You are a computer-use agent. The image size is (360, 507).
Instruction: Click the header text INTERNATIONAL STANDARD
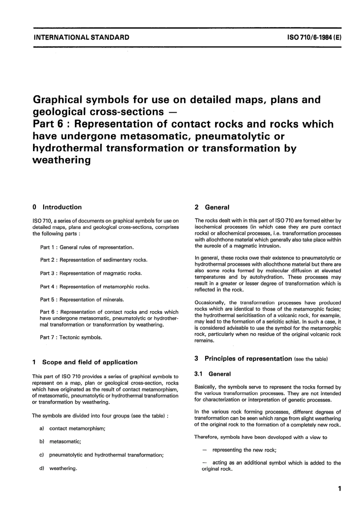pyautogui.click(x=81, y=38)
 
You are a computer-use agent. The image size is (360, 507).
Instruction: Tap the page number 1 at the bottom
pyautogui.click(x=340, y=488)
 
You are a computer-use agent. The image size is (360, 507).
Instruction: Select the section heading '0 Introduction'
pyautogui.click(x=57, y=207)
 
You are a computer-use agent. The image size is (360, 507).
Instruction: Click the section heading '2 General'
pyautogui.click(x=212, y=207)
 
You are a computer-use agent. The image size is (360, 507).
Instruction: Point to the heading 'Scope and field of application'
pyautogui.click(x=89, y=362)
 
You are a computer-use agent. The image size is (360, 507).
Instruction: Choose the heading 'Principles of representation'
pyautogui.click(x=248, y=358)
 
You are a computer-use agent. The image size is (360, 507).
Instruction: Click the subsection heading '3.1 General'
pyautogui.click(x=213, y=374)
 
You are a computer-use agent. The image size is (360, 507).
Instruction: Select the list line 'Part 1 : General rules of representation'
pyautogui.click(x=87, y=247)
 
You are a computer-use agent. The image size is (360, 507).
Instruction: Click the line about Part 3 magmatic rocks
pyautogui.click(x=91, y=273)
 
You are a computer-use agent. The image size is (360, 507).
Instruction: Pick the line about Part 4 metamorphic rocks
pyautogui.click(x=95, y=286)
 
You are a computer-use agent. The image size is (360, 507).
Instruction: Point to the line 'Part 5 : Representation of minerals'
pyautogui.click(x=82, y=300)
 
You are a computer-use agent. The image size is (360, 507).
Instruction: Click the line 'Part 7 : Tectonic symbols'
pyautogui.click(x=71, y=337)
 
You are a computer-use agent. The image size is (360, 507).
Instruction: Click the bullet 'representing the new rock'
pyautogui.click(x=244, y=450)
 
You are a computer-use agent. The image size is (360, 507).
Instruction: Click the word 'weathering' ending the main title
pyautogui.click(x=62, y=160)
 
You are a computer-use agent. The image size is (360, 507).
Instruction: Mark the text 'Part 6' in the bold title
pyautogui.click(x=49, y=124)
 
